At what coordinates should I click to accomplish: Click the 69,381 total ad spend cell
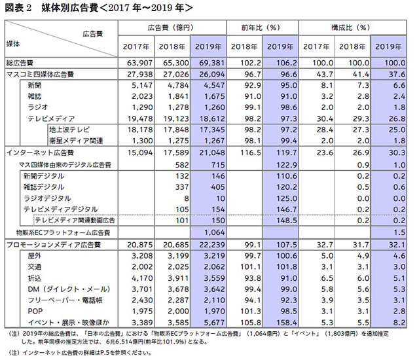coord(212,63)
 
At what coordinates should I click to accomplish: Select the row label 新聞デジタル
coord(44,176)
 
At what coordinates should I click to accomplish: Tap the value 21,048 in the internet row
coord(212,153)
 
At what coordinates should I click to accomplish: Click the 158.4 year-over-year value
coord(287,323)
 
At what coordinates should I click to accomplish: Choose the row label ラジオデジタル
coord(47,198)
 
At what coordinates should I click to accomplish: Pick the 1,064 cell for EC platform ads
coord(214,232)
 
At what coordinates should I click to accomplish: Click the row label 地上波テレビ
coord(69,130)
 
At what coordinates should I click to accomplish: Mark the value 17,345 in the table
coord(212,130)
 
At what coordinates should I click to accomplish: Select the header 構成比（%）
coord(351,27)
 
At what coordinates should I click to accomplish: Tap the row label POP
coord(35,312)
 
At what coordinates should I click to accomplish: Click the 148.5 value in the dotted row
coord(287,221)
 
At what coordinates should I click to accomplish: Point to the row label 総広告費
coord(20,63)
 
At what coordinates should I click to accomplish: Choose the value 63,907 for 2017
coord(139,63)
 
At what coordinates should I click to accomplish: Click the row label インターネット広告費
coord(40,153)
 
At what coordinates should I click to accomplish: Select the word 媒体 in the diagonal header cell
coord(13,44)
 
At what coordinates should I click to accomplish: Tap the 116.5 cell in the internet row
coord(250,153)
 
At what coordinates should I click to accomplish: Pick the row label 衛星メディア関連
coord(76,141)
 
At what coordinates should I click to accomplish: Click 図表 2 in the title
coord(18,8)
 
